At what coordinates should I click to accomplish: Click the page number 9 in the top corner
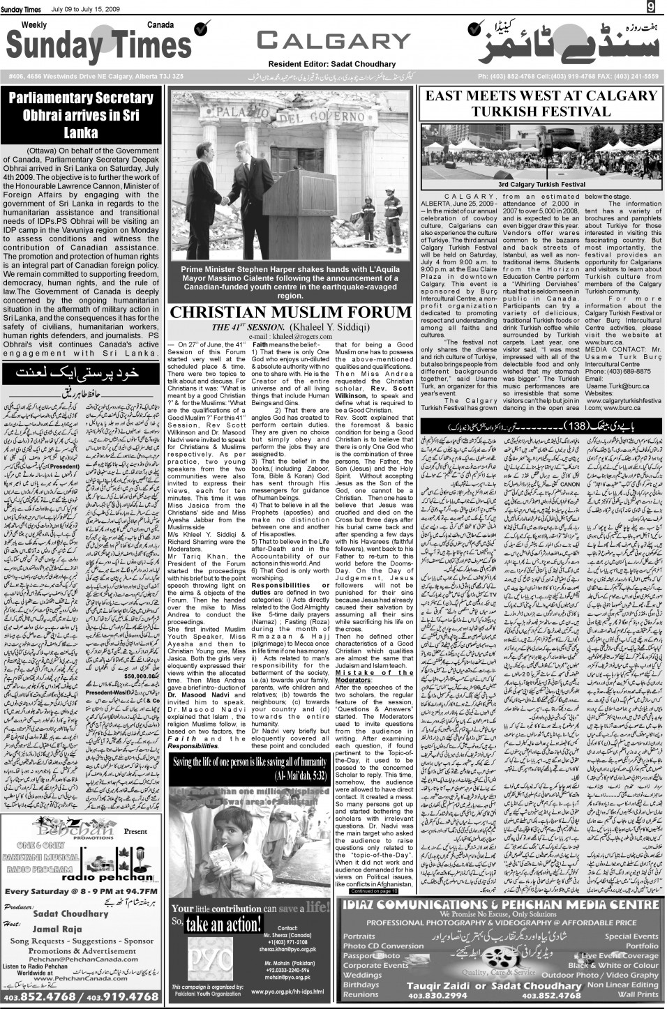[650, 7]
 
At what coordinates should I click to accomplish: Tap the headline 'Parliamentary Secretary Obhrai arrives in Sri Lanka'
[81, 115]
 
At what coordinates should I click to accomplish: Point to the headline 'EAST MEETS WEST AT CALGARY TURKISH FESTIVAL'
[541, 103]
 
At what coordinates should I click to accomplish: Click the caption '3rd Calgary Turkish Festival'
[541, 185]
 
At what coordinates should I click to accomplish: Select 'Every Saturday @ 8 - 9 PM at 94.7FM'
[81, 890]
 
